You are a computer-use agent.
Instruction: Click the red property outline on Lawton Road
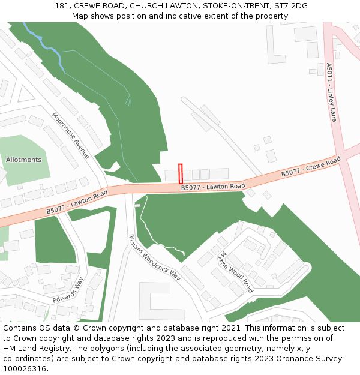click(x=180, y=173)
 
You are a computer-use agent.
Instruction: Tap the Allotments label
click(x=23, y=160)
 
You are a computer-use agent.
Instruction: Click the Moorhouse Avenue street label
click(x=70, y=136)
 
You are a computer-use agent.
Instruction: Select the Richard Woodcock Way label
click(x=154, y=257)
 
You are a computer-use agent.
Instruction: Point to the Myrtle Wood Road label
click(x=235, y=272)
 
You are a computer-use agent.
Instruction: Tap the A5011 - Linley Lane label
click(x=332, y=92)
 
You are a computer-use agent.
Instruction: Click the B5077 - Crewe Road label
click(x=311, y=167)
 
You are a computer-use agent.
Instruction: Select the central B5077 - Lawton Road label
click(x=213, y=187)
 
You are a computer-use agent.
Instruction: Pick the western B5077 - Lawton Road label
click(x=77, y=202)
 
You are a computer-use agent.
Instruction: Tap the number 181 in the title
click(x=62, y=5)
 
